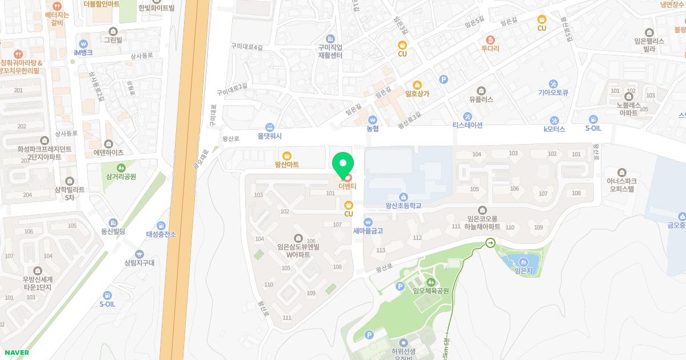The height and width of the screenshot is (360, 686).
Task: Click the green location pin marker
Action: click(343, 164)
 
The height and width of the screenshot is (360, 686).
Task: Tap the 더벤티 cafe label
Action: click(347, 186)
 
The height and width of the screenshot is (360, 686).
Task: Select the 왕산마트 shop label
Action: click(287, 165)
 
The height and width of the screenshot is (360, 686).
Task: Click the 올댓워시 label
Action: click(270, 137)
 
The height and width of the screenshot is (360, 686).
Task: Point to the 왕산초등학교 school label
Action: click(404, 205)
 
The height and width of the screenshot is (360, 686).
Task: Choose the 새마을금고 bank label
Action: click(368, 231)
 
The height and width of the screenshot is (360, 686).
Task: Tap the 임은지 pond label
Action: click(523, 271)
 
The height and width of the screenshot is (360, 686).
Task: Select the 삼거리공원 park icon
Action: click(121, 167)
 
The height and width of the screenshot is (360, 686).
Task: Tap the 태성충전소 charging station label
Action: click(161, 234)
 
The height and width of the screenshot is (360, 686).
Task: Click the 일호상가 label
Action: click(417, 93)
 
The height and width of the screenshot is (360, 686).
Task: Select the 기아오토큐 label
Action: click(553, 91)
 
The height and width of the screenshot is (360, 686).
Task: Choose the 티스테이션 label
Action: click(468, 125)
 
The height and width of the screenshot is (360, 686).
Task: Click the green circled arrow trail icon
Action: click(490, 243)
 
